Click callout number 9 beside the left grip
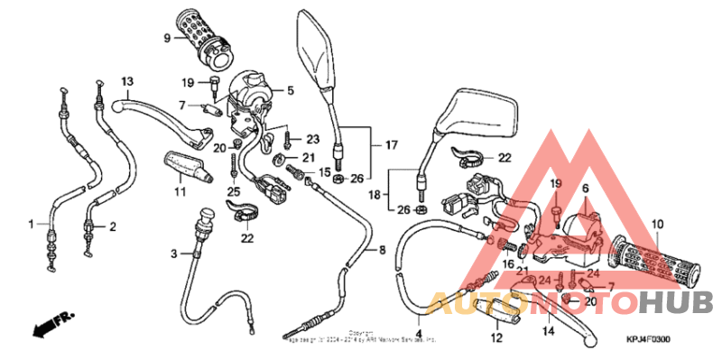pos(167,38)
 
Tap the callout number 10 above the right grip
pos(657,223)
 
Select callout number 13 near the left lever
pos(127,80)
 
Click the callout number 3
pos(174,255)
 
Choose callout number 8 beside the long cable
pos(382,249)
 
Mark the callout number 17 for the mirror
pos(391,144)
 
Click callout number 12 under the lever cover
pos(495,338)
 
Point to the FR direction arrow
pos(51,322)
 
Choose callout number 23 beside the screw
pos(312,139)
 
